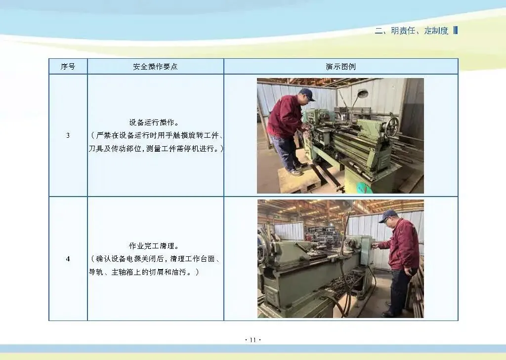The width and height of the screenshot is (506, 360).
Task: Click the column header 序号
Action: [x=68, y=67]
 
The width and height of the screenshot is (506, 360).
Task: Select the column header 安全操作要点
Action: [x=155, y=67]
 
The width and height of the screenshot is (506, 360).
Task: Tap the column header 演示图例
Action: [x=341, y=67]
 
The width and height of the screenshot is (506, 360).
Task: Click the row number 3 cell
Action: [x=68, y=135]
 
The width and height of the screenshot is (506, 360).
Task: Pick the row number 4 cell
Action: [x=68, y=259]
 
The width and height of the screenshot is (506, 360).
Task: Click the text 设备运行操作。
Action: [x=154, y=122]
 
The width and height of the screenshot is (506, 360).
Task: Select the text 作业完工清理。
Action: [x=154, y=246]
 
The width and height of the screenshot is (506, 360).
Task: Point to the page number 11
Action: [x=253, y=340]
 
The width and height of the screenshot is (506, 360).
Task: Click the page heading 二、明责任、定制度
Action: [x=412, y=31]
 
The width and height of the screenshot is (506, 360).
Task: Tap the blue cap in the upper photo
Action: [x=307, y=94]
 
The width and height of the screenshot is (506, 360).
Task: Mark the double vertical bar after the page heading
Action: [x=456, y=30]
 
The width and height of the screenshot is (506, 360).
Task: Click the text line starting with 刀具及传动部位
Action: [x=156, y=149]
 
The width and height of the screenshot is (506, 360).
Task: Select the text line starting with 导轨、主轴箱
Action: [x=144, y=272]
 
